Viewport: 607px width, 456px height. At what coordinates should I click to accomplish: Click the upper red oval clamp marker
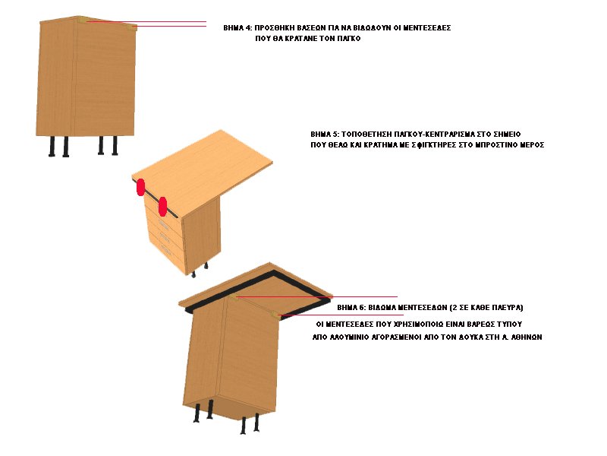click(141, 187)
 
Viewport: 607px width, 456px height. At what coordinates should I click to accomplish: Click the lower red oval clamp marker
click(162, 207)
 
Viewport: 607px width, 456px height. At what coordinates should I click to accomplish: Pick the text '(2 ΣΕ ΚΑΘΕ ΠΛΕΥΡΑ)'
click(486, 308)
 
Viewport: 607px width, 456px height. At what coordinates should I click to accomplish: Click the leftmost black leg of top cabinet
click(52, 146)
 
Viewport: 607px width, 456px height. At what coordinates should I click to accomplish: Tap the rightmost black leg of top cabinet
click(115, 145)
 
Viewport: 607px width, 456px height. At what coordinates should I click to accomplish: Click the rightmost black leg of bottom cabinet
click(256, 423)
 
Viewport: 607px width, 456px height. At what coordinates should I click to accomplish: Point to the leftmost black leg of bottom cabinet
click(197, 413)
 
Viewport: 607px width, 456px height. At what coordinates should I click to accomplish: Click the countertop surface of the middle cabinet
click(202, 166)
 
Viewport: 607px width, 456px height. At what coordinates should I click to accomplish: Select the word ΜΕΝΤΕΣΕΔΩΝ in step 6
click(407, 308)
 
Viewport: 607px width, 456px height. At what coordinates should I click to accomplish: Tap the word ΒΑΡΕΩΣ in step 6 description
click(480, 325)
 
